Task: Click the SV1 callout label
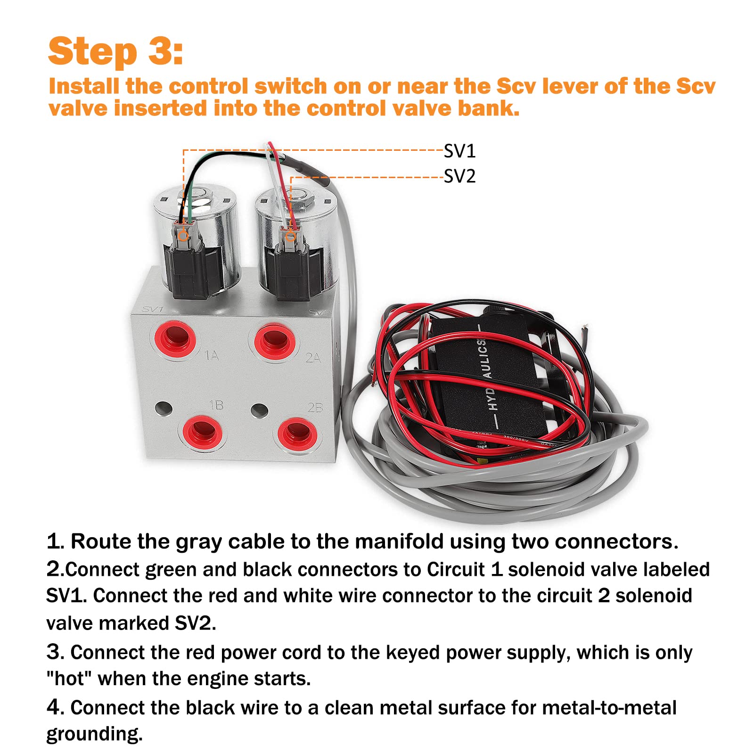(x=460, y=151)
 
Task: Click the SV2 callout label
(x=460, y=177)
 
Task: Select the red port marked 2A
(x=275, y=340)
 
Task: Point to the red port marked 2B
(x=296, y=433)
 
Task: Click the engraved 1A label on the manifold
(x=212, y=355)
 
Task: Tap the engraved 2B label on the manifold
(x=315, y=407)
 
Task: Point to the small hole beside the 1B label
(x=163, y=408)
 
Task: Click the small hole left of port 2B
(x=259, y=410)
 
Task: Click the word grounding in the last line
(x=94, y=734)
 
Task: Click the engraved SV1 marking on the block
(x=153, y=310)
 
